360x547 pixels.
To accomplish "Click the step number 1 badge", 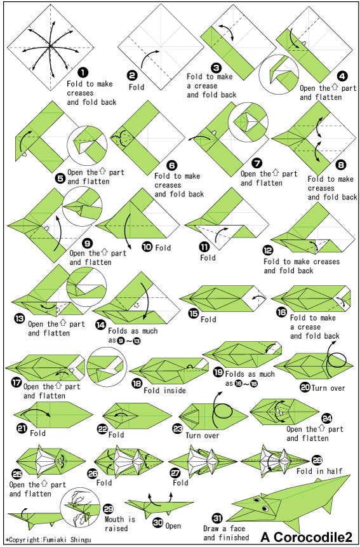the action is click(x=83, y=72).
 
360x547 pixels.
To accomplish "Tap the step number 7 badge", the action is click(x=257, y=163).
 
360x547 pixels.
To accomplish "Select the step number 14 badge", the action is click(x=101, y=325).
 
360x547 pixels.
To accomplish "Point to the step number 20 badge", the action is click(x=305, y=388).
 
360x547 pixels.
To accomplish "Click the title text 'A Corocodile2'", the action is click(x=306, y=536).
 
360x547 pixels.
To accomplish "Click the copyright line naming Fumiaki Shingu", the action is click(x=48, y=540).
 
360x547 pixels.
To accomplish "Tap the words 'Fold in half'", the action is click(x=319, y=471).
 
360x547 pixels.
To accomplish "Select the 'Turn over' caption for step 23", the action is click(x=202, y=435).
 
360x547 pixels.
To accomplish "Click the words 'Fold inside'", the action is click(x=164, y=390).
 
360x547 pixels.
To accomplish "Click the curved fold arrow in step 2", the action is click(x=148, y=57).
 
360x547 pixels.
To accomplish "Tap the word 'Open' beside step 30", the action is click(x=173, y=525).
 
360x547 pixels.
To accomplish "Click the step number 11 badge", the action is click(x=204, y=247).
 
